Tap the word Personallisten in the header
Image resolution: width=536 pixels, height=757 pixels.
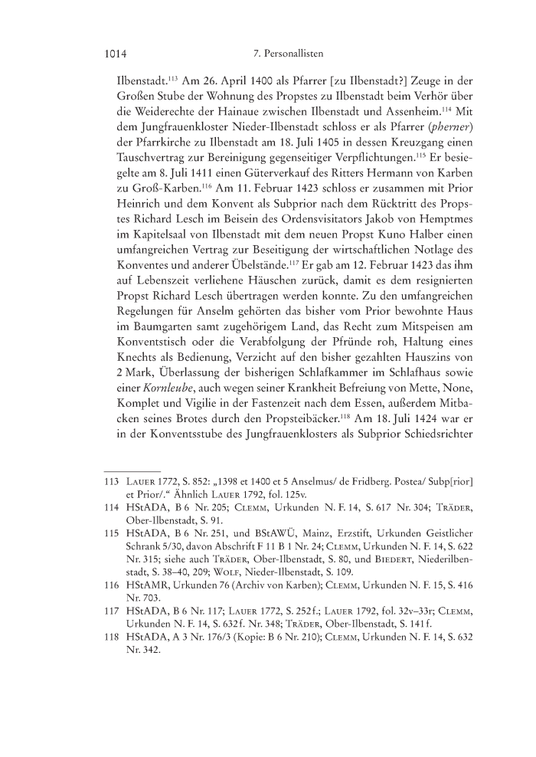point(293,55)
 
